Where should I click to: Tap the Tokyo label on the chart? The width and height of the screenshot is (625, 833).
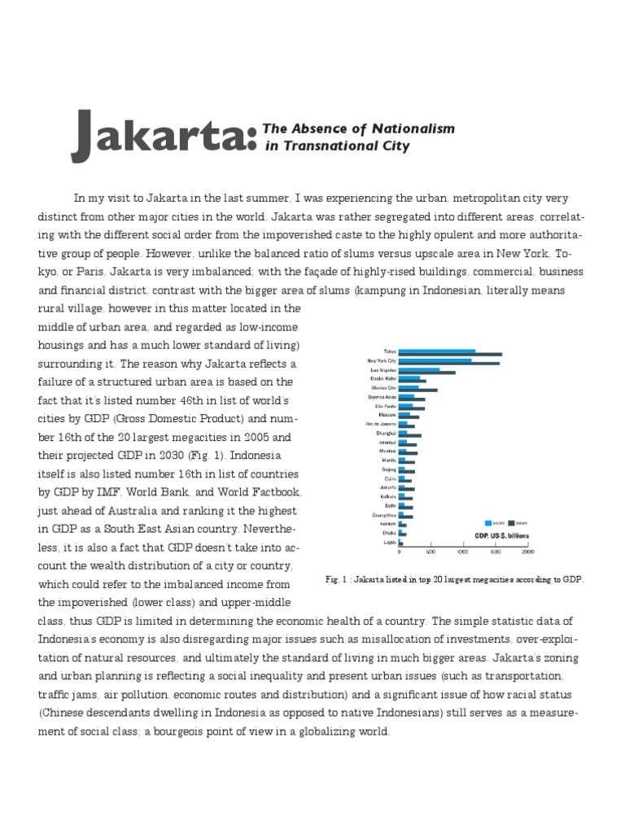tap(389, 351)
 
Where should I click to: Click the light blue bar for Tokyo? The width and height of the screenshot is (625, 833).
tap(437, 351)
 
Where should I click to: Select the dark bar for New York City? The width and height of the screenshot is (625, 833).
tap(449, 363)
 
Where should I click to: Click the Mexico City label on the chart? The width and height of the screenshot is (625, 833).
tap(381, 389)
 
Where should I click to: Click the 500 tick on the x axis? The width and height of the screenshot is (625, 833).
tap(431, 553)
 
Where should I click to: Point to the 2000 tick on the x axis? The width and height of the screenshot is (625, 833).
tap(527, 553)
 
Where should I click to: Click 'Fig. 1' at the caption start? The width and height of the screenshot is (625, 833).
tap(334, 579)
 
